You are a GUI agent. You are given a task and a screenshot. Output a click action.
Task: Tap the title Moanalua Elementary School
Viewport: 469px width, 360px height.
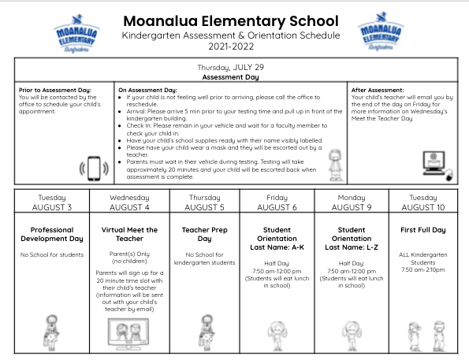point(231,20)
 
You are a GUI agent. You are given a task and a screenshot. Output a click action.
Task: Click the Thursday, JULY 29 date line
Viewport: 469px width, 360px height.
point(231,68)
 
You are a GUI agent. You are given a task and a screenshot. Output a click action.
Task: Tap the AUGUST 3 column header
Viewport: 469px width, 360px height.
point(51,207)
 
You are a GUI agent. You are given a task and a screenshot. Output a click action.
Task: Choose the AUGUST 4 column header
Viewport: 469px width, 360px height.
point(129,207)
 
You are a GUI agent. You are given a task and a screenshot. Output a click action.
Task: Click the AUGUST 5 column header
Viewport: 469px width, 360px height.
point(204,207)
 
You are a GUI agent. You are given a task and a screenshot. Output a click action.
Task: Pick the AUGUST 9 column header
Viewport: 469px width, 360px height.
point(352,207)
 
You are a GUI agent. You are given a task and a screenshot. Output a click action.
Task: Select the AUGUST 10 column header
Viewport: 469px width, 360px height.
point(422,207)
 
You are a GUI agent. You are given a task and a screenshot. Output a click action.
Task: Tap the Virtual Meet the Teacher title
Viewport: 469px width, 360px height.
point(129,234)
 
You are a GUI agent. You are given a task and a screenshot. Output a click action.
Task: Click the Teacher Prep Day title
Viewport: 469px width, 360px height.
point(204,234)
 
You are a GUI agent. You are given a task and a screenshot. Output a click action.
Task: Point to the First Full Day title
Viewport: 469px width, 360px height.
point(422,230)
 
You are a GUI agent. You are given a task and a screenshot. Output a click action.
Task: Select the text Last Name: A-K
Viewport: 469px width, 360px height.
point(277,247)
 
